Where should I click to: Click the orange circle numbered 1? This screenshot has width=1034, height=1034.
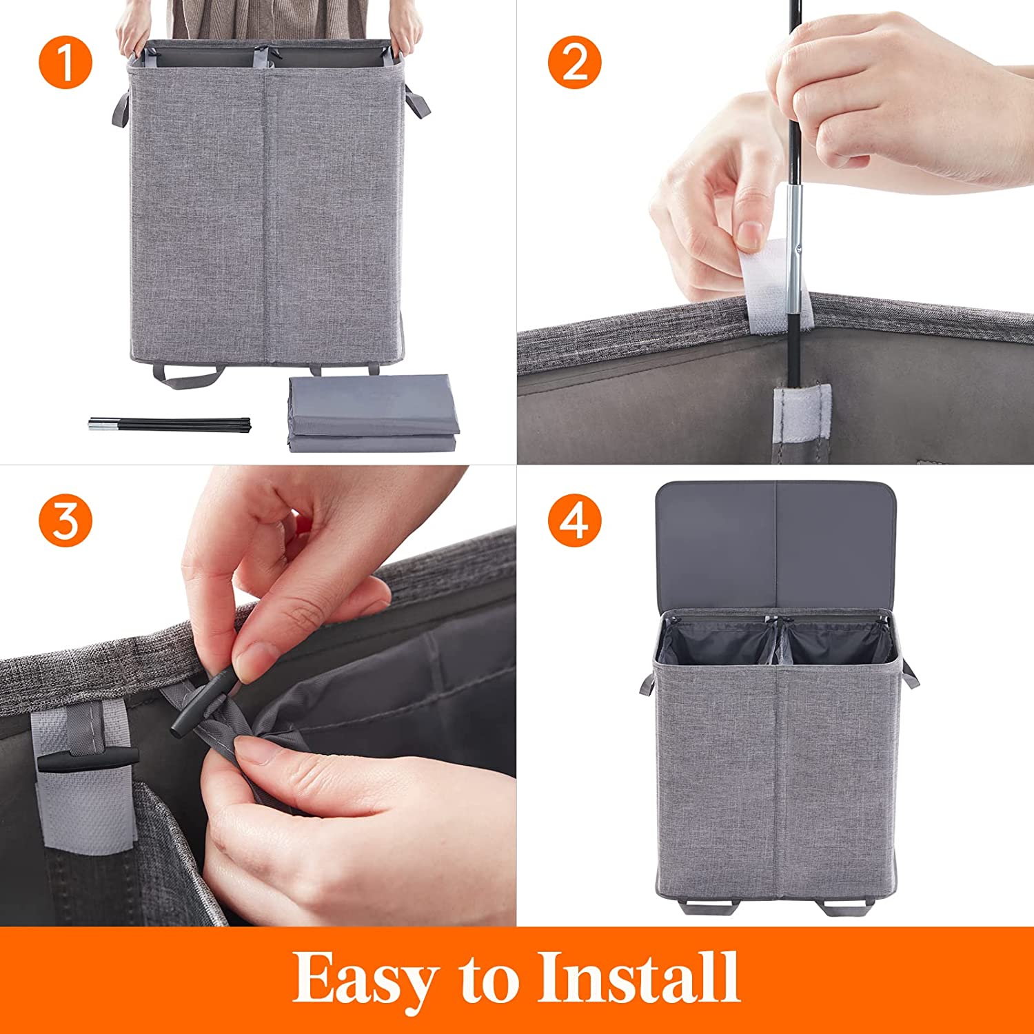[x=65, y=62]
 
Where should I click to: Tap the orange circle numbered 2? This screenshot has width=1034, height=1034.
[x=574, y=62]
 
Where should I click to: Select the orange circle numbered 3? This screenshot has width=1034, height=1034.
[x=65, y=521]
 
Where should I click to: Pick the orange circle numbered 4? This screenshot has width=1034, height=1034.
[x=574, y=521]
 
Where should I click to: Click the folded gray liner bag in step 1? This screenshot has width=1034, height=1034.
[x=372, y=414]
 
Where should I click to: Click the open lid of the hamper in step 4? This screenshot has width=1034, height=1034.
[x=775, y=545]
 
